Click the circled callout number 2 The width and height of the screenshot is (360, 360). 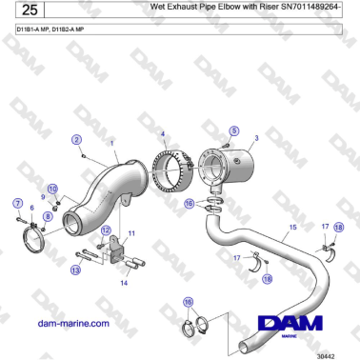tap(76, 140)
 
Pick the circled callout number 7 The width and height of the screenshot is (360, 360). tap(17, 203)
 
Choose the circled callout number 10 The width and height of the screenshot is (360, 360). tap(52, 189)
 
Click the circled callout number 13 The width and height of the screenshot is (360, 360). tap(75, 271)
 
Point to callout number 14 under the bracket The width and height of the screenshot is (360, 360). tap(124, 283)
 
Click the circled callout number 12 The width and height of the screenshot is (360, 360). tap(106, 230)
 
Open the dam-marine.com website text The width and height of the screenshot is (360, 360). tap(72, 324)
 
